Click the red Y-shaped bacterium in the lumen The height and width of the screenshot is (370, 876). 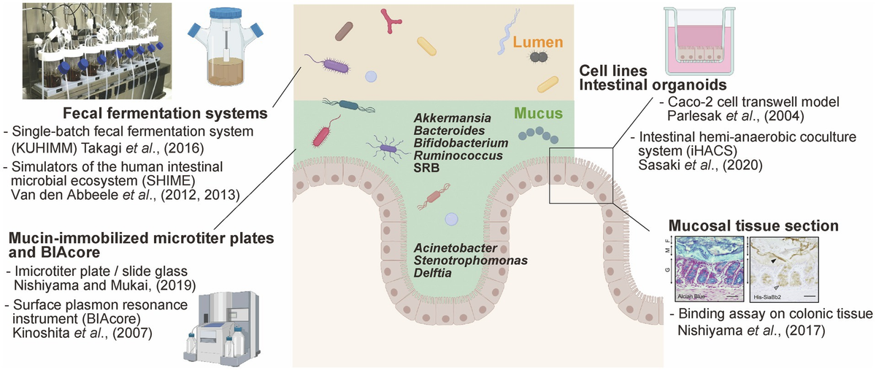pyautogui.click(x=395, y=20)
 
